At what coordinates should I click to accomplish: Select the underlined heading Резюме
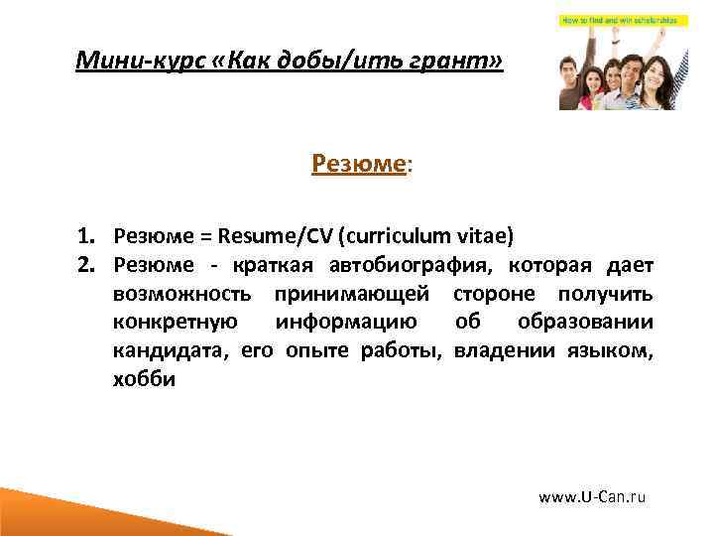[358, 163]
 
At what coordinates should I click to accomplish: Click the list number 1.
[87, 236]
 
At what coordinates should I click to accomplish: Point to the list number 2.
[87, 265]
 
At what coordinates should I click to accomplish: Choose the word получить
[605, 294]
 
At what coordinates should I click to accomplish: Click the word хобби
[144, 379]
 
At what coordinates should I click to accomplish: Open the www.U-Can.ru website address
[592, 495]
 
